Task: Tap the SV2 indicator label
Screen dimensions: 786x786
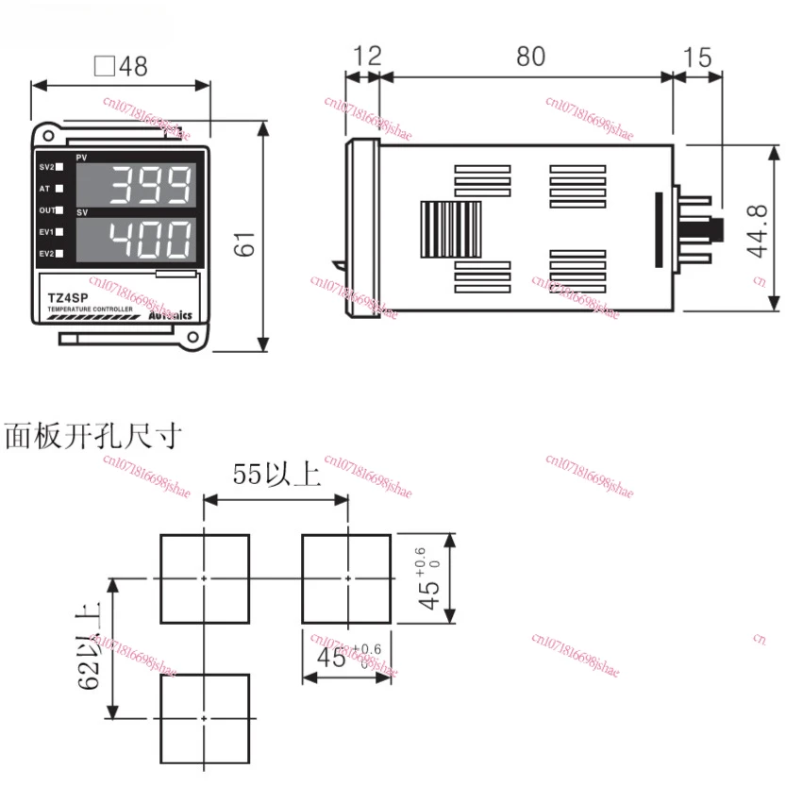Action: click(46, 167)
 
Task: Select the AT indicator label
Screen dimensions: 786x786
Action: click(45, 189)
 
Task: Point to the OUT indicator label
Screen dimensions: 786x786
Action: click(46, 210)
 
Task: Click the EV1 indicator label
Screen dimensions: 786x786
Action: click(46, 231)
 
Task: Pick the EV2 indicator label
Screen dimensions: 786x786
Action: click(46, 253)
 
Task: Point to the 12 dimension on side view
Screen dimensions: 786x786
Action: click(367, 57)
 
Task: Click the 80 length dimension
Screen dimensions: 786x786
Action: click(530, 57)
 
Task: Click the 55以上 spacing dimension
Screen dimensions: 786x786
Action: click(276, 475)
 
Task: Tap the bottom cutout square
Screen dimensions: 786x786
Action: click(205, 718)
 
